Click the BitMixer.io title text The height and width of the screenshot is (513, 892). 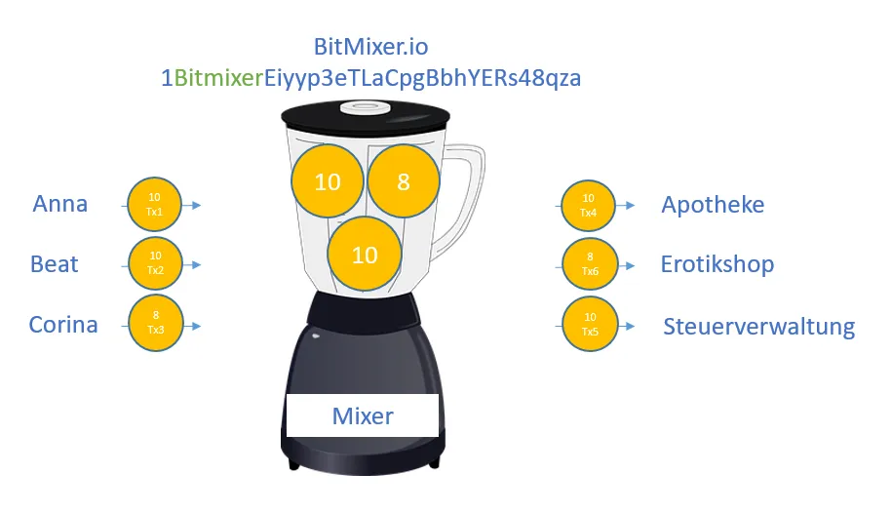point(370,47)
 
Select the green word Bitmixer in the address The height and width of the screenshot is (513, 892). point(218,78)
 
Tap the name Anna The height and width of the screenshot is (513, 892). point(60,204)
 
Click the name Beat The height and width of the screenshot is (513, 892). point(54,264)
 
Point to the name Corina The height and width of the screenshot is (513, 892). point(63,325)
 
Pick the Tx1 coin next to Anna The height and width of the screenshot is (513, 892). point(154,205)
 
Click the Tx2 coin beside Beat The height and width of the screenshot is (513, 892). point(155,263)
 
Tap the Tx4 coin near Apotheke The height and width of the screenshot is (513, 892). point(588,206)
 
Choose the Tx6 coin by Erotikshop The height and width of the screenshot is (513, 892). point(590,264)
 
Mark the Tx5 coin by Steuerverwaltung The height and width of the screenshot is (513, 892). point(590,325)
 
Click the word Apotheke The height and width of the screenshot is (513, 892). point(713,205)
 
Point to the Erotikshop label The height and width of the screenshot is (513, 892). point(717,264)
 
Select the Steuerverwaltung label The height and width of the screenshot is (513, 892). point(758,327)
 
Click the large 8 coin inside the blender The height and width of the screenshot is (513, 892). point(404,181)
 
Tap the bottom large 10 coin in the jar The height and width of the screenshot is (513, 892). point(365,254)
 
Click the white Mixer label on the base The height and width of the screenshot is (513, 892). point(363,415)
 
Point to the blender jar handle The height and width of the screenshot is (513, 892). point(472,188)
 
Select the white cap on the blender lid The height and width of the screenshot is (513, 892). point(365,107)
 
